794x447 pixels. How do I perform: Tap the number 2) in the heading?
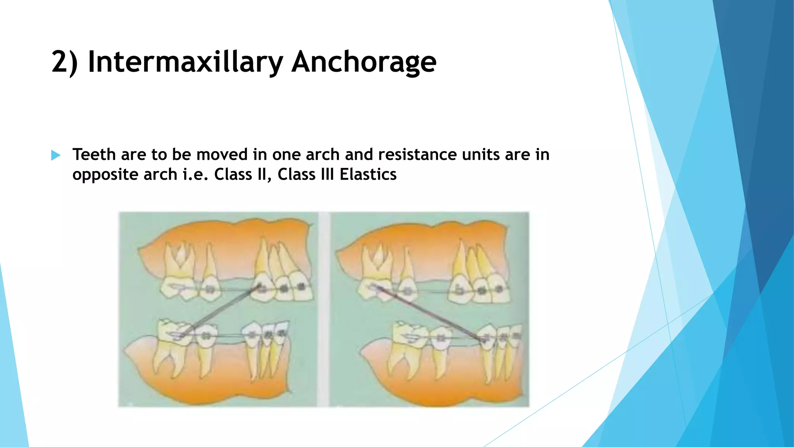[x=64, y=62]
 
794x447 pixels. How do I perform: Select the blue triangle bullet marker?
[x=56, y=156]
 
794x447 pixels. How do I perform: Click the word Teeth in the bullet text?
[x=94, y=154]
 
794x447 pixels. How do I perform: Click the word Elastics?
[x=368, y=174]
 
